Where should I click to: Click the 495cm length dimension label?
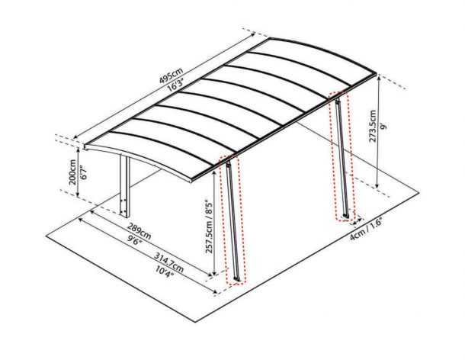(171, 76)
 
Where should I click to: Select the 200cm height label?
(72, 172)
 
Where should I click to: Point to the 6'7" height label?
(84, 172)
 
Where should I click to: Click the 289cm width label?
(139, 231)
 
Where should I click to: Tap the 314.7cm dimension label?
(168, 262)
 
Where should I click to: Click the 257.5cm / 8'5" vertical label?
(210, 227)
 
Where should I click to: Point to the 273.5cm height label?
(373, 126)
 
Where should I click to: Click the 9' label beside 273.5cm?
(384, 127)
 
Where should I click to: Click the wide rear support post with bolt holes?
(125, 186)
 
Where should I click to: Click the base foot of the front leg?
(237, 279)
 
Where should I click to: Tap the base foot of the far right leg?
(346, 216)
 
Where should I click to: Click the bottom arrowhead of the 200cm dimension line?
(78, 194)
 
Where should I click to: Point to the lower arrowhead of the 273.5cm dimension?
(377, 185)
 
